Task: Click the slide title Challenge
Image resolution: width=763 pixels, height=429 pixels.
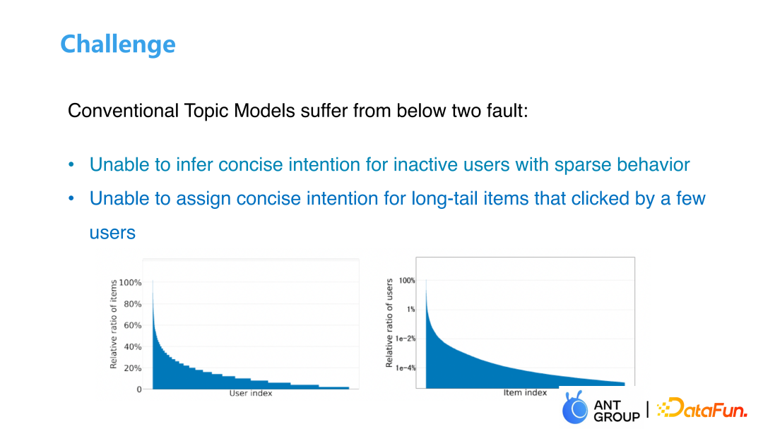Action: coord(118,44)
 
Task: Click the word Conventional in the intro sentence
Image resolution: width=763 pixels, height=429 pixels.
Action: coord(123,111)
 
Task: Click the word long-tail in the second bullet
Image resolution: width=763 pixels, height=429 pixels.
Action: coord(443,199)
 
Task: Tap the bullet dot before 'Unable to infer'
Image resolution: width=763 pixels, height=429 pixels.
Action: coord(71,164)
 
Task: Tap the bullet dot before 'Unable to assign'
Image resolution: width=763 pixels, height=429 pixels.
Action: coord(71,199)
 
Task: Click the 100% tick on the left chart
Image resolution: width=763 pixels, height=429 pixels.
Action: coord(131,283)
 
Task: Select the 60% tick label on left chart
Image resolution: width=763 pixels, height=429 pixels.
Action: coord(132,325)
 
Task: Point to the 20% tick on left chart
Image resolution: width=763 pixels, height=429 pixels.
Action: coord(132,368)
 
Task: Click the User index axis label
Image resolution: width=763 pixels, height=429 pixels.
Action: coord(251,393)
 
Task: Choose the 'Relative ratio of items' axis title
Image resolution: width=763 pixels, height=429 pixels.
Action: coord(113,324)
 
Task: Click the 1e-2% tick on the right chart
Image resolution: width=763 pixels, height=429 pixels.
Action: coord(406,339)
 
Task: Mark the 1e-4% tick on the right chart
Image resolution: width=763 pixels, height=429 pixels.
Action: coord(406,368)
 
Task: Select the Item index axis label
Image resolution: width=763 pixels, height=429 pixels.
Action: coord(525,392)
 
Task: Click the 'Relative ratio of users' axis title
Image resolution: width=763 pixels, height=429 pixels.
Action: coord(389,323)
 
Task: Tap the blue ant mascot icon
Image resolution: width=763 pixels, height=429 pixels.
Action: coord(574,407)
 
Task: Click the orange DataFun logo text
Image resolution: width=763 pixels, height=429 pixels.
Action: coord(702,408)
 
